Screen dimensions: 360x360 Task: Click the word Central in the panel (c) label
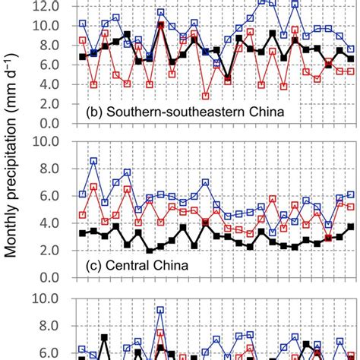point(129,267)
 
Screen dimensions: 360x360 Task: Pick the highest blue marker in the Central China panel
point(93,161)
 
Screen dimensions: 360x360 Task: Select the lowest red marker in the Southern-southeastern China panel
point(206,96)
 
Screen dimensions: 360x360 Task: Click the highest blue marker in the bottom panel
point(160,310)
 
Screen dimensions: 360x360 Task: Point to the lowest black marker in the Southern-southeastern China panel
point(228,77)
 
